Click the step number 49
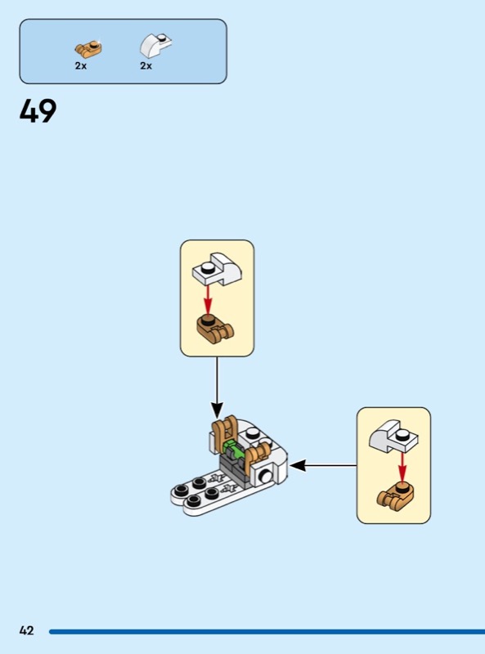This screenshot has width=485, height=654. (x=38, y=111)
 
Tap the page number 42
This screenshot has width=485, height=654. (x=26, y=630)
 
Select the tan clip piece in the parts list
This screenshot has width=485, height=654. (x=89, y=49)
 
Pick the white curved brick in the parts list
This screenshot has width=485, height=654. (x=155, y=46)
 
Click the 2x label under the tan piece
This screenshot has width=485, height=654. (x=80, y=66)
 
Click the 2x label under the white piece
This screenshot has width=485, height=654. (x=146, y=66)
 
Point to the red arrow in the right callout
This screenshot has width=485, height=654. (x=402, y=467)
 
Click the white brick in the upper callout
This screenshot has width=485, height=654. (x=218, y=269)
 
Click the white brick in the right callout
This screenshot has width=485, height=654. (x=393, y=437)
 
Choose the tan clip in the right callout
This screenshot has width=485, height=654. (x=397, y=496)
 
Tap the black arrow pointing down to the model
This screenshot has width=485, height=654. (x=217, y=387)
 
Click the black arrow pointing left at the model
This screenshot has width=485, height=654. (x=324, y=465)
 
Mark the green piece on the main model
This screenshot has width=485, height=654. (x=233, y=451)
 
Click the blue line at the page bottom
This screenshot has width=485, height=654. (x=267, y=631)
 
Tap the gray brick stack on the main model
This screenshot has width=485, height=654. (x=233, y=471)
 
